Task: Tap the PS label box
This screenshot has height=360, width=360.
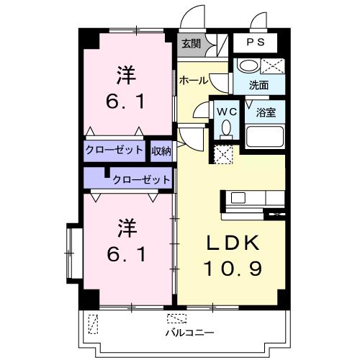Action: click(x=256, y=42)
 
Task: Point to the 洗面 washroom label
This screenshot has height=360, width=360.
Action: click(x=259, y=85)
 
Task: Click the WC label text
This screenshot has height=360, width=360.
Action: click(x=226, y=112)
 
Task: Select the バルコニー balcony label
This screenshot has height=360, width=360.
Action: click(x=190, y=333)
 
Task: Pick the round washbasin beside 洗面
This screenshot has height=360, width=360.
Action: click(x=248, y=66)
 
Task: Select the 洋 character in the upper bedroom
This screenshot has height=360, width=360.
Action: click(x=127, y=75)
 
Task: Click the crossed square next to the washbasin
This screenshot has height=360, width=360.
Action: click(x=275, y=67)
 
